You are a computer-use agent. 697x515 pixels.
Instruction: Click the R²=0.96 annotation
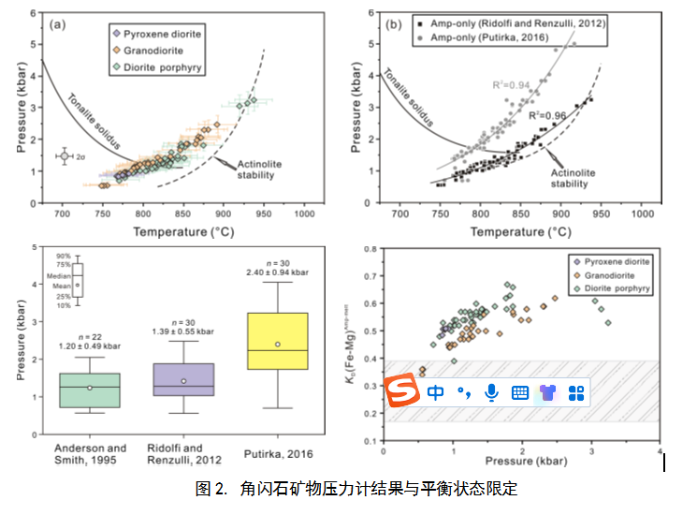545,115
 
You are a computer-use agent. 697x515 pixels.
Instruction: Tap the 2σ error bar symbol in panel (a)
65,156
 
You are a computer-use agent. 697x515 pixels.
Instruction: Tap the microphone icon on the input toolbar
491,393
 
